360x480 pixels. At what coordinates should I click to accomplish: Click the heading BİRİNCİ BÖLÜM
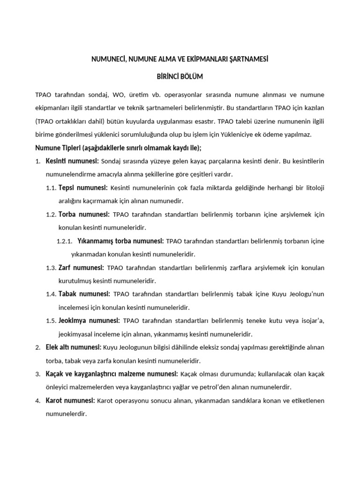click(x=180, y=76)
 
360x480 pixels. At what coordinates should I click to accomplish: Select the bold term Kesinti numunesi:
click(x=72, y=161)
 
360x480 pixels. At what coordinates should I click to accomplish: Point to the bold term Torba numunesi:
click(x=84, y=214)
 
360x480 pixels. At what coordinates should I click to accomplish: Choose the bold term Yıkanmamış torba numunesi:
click(x=120, y=241)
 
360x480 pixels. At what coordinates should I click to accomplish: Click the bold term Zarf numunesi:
click(x=81, y=268)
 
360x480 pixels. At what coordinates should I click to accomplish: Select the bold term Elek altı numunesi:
click(x=74, y=347)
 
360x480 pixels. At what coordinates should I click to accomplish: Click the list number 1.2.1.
click(x=64, y=241)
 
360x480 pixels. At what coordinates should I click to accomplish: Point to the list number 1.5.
click(x=51, y=321)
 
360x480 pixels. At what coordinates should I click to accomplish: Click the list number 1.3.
click(x=51, y=268)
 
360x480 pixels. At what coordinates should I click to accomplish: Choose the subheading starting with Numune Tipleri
click(x=118, y=148)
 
